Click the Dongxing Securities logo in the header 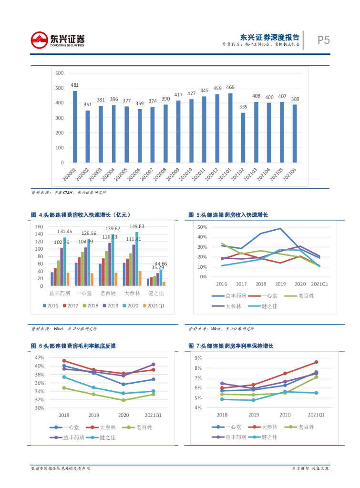(57, 40)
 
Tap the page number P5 (324, 40)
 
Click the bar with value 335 (243, 137)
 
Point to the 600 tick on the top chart (60, 73)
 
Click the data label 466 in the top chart (230, 87)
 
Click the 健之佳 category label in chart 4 (157, 294)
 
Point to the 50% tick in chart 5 (202, 227)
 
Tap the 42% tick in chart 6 (40, 357)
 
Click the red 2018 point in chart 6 (64, 361)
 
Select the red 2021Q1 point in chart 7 (316, 362)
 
